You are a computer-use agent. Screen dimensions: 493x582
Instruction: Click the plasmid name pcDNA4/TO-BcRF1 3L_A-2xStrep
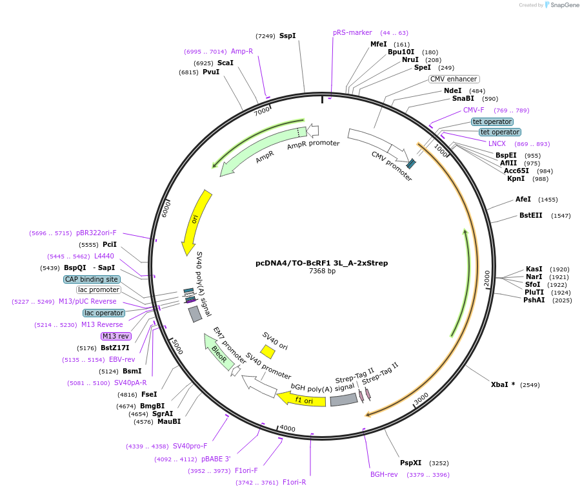[x=322, y=263]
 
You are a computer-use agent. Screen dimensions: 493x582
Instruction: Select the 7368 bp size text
[x=322, y=271]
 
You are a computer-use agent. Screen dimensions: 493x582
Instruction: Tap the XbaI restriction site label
[x=500, y=384]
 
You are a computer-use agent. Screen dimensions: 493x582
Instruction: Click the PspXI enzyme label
[x=410, y=463]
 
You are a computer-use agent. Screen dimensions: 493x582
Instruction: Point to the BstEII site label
[x=531, y=215]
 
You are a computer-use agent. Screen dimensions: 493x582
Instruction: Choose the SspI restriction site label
[x=288, y=36]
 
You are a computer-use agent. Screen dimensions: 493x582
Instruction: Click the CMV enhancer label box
[x=454, y=79]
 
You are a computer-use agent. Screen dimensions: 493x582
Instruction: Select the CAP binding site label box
[x=92, y=279]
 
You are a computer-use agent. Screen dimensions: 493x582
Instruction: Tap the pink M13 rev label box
[x=115, y=336]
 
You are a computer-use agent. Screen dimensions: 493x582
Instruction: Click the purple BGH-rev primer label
[x=384, y=474]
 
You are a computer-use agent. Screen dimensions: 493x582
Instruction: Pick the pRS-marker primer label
[x=352, y=32]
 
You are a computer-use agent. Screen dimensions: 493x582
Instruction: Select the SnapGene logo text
[x=560, y=5]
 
